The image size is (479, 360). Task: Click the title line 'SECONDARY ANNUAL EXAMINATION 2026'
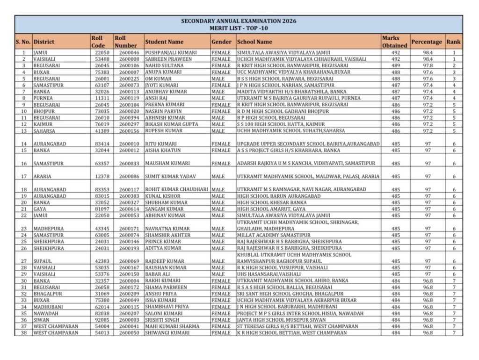(239, 21)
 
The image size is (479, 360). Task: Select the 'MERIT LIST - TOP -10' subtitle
(239, 28)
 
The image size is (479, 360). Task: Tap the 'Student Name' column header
(164, 42)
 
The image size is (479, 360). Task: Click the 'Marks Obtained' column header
(394, 42)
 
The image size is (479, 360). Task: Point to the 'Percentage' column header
(426, 42)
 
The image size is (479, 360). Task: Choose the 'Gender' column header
(221, 42)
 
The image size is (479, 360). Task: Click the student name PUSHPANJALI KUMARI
(171, 53)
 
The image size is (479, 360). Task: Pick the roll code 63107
(102, 86)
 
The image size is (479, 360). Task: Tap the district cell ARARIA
(42, 176)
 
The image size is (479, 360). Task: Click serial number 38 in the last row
(23, 333)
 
